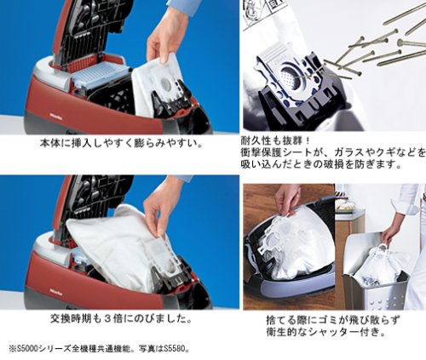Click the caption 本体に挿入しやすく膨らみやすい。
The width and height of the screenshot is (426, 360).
[x=121, y=143]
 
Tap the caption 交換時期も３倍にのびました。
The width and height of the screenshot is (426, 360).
[x=121, y=319]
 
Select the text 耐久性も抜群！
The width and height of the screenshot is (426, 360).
[x=276, y=140]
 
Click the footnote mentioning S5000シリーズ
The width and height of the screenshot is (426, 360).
[x=99, y=349]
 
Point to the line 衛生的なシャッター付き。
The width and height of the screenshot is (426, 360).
[x=326, y=332]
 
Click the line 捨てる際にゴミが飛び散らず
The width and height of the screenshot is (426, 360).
[x=333, y=320]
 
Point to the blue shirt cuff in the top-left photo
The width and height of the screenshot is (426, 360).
[x=181, y=6]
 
